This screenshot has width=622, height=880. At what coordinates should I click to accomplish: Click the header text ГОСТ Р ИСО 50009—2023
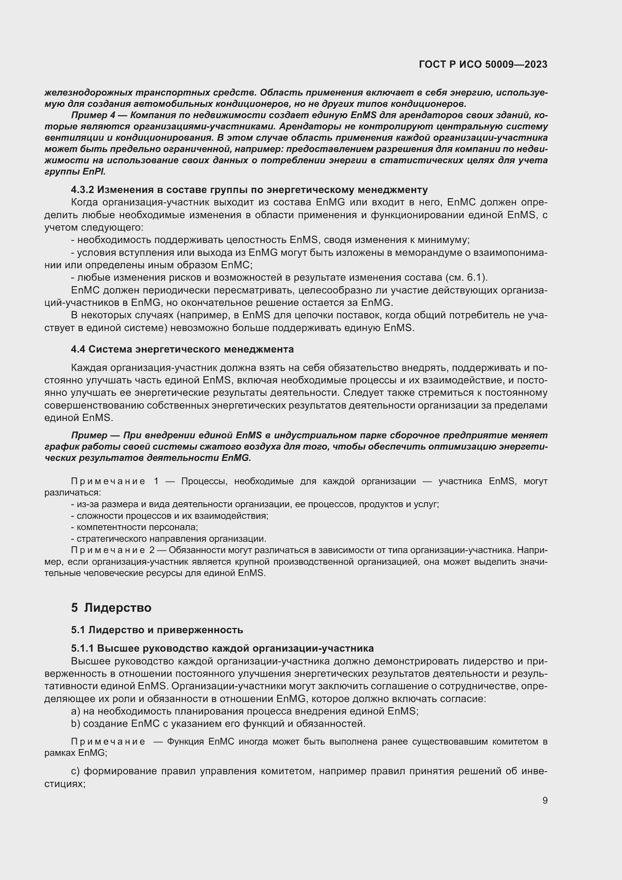pyautogui.click(x=483, y=64)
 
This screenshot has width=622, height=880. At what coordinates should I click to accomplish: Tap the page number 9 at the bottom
pyautogui.click(x=545, y=800)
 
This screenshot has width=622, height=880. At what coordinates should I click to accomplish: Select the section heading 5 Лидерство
pyautogui.click(x=111, y=608)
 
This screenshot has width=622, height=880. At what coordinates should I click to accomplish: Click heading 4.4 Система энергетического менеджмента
pyautogui.click(x=182, y=349)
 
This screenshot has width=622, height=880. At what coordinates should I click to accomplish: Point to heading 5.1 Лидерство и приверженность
pyautogui.click(x=157, y=630)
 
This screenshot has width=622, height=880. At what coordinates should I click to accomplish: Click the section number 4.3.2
pyautogui.click(x=82, y=190)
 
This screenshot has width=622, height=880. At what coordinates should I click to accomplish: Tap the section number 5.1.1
pyautogui.click(x=82, y=648)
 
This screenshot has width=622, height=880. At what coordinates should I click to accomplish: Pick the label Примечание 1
pyautogui.click(x=115, y=481)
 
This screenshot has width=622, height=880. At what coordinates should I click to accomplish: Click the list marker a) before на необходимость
pyautogui.click(x=76, y=711)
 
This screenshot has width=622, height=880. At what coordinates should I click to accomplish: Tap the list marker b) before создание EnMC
pyautogui.click(x=76, y=723)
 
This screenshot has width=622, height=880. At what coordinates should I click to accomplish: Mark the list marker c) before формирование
pyautogui.click(x=76, y=771)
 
